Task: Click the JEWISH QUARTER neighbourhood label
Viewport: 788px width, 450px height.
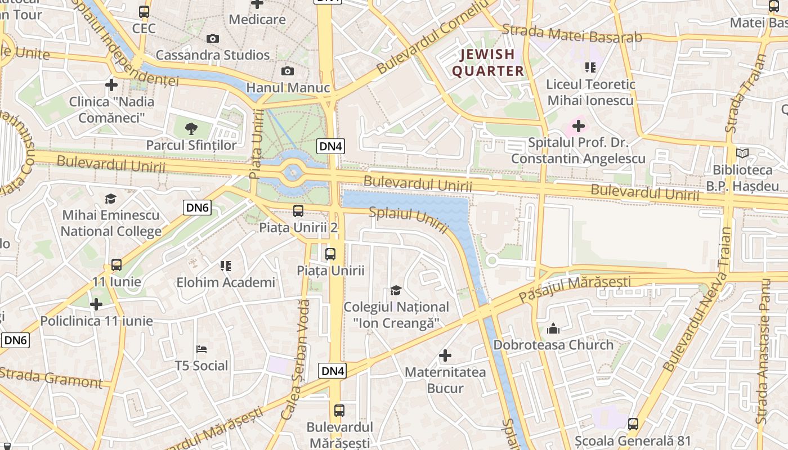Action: click(489, 62)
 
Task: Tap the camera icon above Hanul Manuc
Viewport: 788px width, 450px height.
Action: click(288, 71)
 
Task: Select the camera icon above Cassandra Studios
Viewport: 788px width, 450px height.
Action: click(212, 38)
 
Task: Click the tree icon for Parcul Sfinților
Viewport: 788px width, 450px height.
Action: click(191, 128)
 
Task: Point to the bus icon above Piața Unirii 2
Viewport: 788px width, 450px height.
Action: click(298, 211)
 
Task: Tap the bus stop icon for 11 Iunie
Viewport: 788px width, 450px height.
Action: click(117, 264)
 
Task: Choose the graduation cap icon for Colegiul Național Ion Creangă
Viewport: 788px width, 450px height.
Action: click(396, 290)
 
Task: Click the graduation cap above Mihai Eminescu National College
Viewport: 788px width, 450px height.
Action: click(111, 199)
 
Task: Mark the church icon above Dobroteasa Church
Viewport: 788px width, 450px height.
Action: click(553, 328)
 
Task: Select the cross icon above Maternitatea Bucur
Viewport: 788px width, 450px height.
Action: click(445, 355)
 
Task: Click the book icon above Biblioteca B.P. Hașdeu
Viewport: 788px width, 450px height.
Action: click(742, 153)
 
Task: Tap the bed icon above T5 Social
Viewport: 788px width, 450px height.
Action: click(202, 349)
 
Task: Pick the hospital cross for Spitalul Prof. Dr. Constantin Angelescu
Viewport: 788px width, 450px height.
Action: click(578, 125)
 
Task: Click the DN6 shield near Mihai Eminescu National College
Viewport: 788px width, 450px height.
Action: click(198, 208)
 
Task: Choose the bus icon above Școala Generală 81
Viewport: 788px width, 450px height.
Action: click(633, 424)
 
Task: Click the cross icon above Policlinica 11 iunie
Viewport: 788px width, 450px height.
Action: click(96, 304)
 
